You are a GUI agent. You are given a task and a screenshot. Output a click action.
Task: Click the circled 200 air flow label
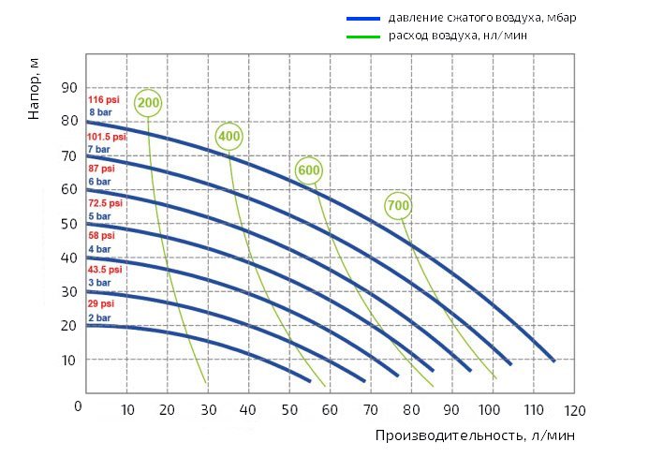148,102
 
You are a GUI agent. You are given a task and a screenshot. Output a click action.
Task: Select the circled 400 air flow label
229,136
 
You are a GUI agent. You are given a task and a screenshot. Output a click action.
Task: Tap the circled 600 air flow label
308,170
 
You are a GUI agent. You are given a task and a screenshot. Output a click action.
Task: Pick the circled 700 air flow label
398,204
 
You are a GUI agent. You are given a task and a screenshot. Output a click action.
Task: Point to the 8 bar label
99,112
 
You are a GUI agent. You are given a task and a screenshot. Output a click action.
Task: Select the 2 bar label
99,317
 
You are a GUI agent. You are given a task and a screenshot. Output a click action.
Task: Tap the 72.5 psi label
105,202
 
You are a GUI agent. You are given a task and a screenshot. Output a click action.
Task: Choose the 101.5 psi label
107,135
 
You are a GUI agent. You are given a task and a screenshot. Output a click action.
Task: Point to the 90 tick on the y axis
69,87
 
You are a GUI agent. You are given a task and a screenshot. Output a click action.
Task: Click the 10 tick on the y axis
69,360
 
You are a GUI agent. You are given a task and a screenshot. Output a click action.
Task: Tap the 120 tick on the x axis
574,410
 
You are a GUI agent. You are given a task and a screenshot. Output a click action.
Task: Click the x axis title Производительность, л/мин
475,435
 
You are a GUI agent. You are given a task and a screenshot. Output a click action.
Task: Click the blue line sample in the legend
362,19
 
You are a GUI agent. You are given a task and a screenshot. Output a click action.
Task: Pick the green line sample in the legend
362,37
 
